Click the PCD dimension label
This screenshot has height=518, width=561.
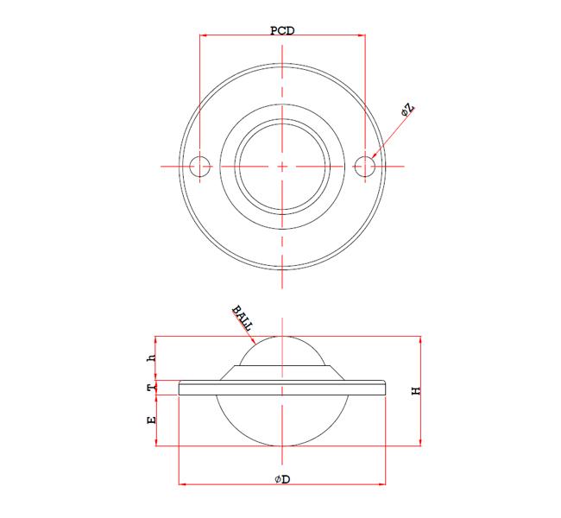pos(282,30)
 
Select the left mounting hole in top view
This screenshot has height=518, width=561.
pos(200,165)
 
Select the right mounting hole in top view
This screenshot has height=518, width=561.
pos(367,165)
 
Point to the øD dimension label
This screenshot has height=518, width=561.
pos(282,479)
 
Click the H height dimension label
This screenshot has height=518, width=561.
pos(416,390)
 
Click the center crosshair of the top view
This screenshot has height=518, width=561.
pos(283,165)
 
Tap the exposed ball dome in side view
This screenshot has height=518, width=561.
pos(283,350)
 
